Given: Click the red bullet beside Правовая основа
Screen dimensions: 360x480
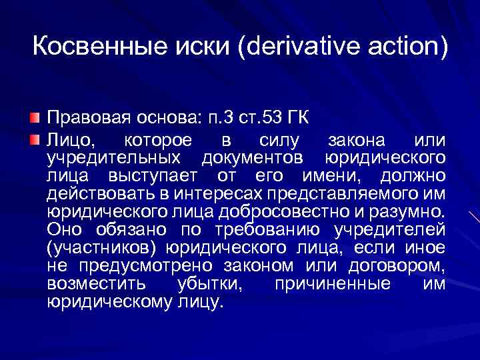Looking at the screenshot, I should tap(37, 119).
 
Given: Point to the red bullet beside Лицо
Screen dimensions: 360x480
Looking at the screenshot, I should tap(37, 139).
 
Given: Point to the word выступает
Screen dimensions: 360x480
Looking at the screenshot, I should tap(157, 176).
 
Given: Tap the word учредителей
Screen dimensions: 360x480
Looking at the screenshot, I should tap(396, 230).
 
